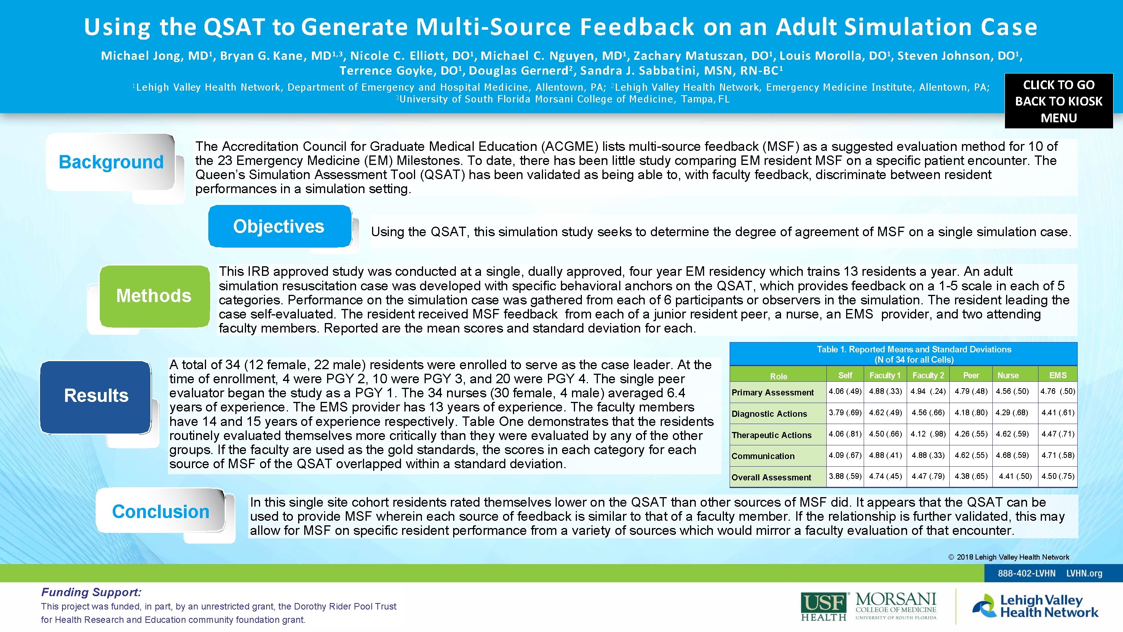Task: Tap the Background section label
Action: tap(111, 162)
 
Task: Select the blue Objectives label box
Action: tap(279, 226)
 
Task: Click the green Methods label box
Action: tap(154, 296)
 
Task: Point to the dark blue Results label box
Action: tap(96, 395)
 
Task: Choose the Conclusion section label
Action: tap(160, 511)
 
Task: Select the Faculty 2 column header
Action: tap(928, 375)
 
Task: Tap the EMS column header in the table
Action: tap(1058, 375)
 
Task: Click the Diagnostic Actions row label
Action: tap(769, 413)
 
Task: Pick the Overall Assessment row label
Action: tap(771, 477)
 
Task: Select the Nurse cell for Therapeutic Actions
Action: tap(1012, 434)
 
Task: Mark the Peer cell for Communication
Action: tap(971, 455)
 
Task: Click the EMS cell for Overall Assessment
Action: tap(1058, 476)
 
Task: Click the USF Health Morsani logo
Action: tap(868, 606)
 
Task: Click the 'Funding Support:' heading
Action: tap(91, 592)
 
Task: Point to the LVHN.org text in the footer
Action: tap(1084, 573)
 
